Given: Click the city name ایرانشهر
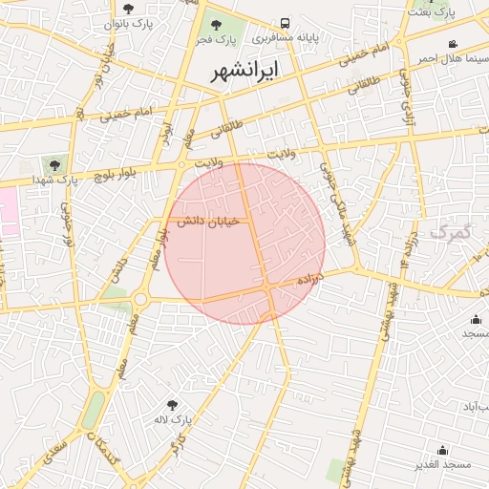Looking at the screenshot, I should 245,72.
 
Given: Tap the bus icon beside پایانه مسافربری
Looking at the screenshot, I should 286,23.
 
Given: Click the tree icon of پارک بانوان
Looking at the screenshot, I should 128,8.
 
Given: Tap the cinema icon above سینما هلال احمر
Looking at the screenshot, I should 452,44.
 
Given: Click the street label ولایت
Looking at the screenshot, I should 285,153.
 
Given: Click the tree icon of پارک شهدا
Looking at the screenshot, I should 53,163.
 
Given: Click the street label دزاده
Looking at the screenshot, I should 310,279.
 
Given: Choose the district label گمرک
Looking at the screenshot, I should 451,231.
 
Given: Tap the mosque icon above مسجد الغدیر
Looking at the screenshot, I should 442,450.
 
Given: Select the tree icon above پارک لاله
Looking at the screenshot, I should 173,405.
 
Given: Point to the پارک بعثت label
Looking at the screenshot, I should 427,11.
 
